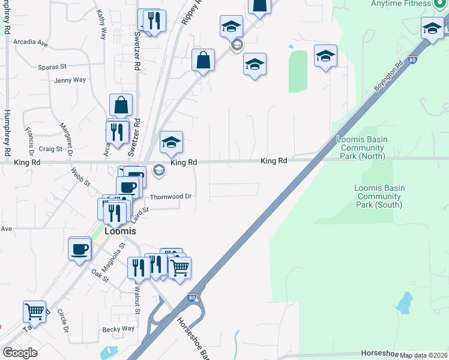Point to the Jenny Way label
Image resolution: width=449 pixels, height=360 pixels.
70,80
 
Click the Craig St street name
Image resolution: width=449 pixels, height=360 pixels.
50,149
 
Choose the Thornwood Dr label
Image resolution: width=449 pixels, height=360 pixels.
170,197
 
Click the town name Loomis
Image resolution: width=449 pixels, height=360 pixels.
119,231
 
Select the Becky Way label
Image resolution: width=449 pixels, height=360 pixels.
118,329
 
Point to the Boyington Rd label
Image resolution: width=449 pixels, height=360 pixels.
388,76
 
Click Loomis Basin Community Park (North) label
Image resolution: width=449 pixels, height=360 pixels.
362,148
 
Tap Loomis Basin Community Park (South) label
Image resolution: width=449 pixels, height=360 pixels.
379,197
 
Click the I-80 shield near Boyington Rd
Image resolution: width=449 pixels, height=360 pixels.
411,60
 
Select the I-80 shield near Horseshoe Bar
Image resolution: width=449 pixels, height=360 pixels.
191,297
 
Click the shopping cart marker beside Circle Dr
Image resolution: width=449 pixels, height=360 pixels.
35,311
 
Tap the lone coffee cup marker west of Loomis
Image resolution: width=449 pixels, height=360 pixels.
80,248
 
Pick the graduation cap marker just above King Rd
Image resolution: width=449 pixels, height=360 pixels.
171,143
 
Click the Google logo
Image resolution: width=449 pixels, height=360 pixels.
20,353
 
